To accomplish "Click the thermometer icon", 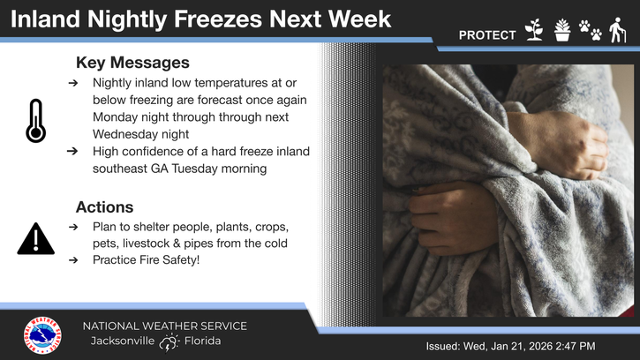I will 35,121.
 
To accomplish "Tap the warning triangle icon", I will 35,239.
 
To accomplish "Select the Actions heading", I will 104,207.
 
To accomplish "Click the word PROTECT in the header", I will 487,35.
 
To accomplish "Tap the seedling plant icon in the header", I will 533,31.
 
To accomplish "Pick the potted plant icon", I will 562,31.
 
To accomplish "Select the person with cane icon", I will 619,30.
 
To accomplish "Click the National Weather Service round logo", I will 42,335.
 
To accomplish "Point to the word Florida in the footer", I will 203,341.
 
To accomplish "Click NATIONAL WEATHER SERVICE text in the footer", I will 164,326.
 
